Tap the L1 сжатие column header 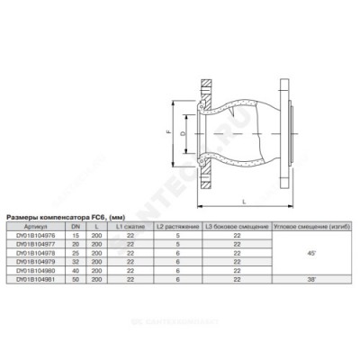coord(131,224)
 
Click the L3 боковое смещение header coord(235,224)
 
